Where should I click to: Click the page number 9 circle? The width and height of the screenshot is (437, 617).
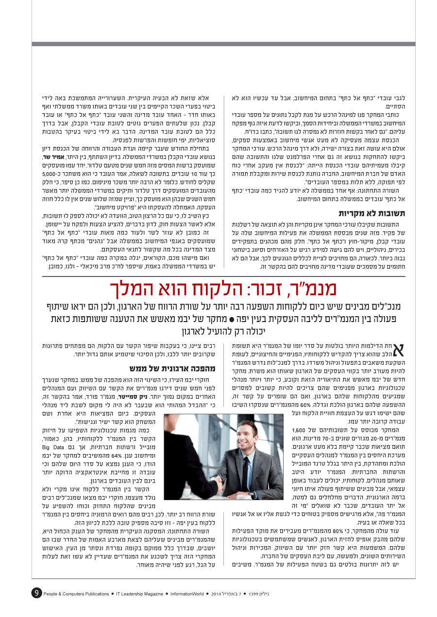[x=36, y=593]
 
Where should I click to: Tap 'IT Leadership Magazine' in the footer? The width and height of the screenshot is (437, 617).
[x=139, y=593]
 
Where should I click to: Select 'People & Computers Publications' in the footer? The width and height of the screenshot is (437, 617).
[x=76, y=593]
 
